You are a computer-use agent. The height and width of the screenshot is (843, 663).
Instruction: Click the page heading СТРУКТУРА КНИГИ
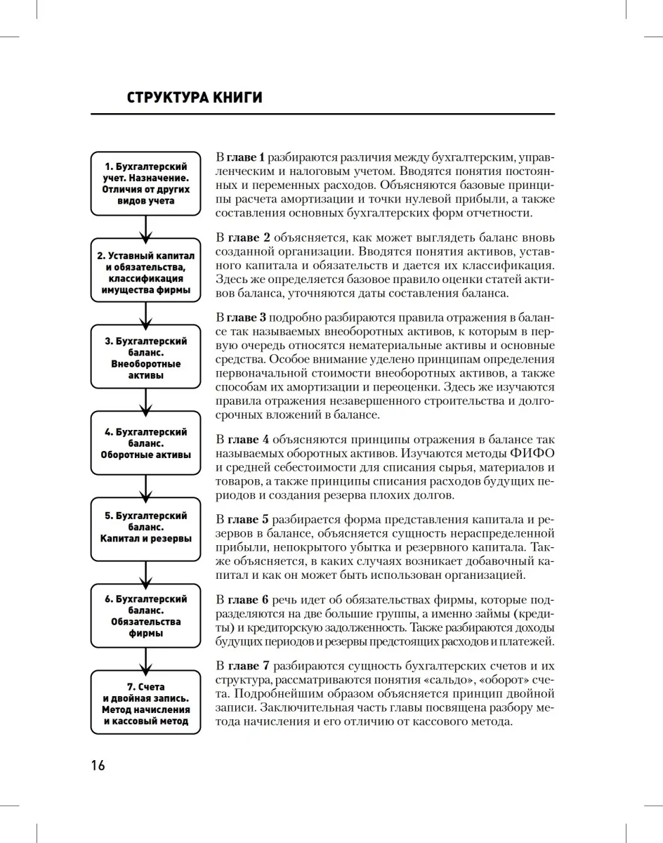pos(195,98)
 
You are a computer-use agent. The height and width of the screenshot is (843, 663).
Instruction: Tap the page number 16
pos(98,764)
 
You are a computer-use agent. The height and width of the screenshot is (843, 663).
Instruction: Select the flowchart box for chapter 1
pos(145,183)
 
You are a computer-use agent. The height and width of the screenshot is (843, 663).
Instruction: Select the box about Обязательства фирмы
pos(145,615)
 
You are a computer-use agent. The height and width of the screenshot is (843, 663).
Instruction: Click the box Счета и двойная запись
pos(145,703)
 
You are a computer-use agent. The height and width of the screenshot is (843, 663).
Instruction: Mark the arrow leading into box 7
pos(145,660)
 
